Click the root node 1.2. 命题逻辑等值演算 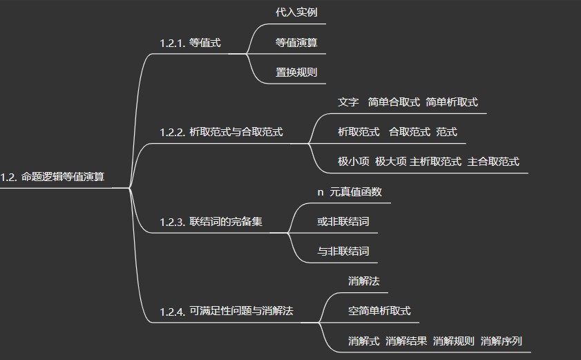tap(53, 177)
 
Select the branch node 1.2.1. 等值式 tap(190, 43)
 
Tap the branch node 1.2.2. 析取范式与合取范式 tap(221, 132)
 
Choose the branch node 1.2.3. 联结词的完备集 tap(211, 222)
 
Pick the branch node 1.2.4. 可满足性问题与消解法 tap(226, 311)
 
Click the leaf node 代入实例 tap(296, 12)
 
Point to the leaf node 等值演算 tap(296, 42)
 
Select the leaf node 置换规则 tap(296, 72)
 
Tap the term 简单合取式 tap(394, 102)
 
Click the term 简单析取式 tap(452, 102)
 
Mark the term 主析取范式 tap(435, 162)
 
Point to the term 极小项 tap(353, 162)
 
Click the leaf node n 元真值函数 tap(349, 192)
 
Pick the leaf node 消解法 tap(363, 281)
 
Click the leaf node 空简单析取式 tap(379, 311)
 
